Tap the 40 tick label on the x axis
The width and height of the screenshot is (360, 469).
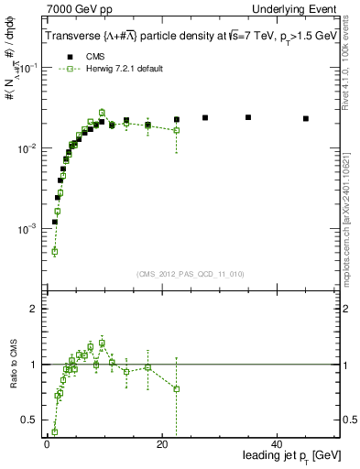pos(276,444)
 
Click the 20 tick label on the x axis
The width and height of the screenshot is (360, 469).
pos(161,444)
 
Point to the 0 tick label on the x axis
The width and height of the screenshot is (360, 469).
pos(47,444)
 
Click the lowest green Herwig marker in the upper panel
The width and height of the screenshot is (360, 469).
pos(54,251)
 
